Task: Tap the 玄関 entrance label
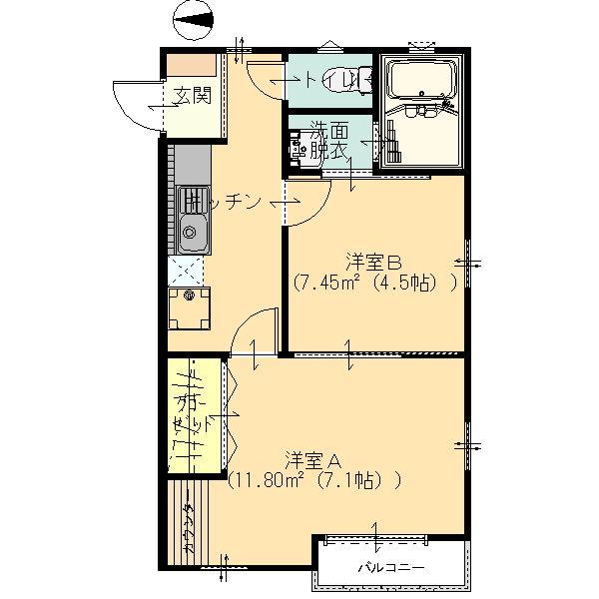[193, 97]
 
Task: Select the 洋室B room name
[374, 263]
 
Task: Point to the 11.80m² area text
[268, 480]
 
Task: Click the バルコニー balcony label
[391, 568]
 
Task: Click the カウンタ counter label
[188, 528]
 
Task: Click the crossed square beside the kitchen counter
[187, 270]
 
